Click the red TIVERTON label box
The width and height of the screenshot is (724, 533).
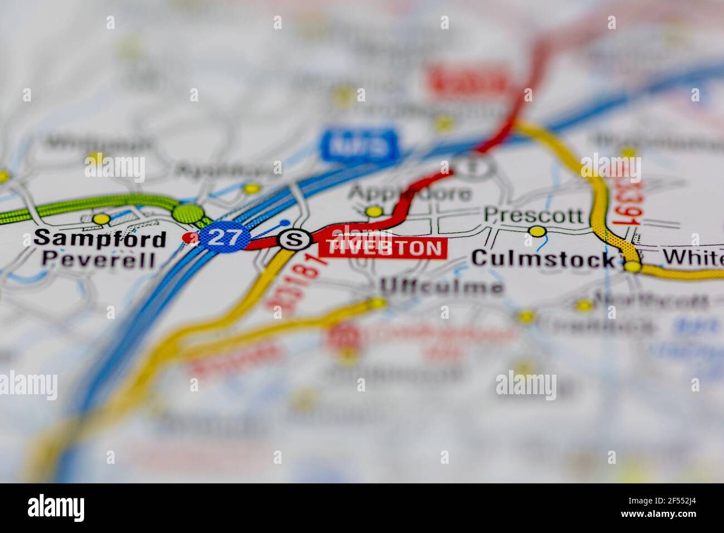tap(383, 248)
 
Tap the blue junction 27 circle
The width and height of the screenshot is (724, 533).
tap(224, 238)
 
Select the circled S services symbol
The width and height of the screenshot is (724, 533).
tap(294, 240)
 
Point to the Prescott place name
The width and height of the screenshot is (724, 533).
tap(534, 215)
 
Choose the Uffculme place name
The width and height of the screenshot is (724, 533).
tap(441, 287)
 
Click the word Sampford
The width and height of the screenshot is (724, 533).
tap(100, 239)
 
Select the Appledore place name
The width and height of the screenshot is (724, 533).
tap(410, 193)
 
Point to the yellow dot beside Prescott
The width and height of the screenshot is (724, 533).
tap(537, 231)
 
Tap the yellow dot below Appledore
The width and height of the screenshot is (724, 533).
tap(374, 212)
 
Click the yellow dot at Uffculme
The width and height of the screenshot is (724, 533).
tap(378, 303)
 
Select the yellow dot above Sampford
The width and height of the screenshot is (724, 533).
tap(101, 219)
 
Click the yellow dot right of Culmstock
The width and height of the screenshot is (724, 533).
tap(632, 266)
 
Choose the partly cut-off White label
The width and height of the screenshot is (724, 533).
tap(694, 257)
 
